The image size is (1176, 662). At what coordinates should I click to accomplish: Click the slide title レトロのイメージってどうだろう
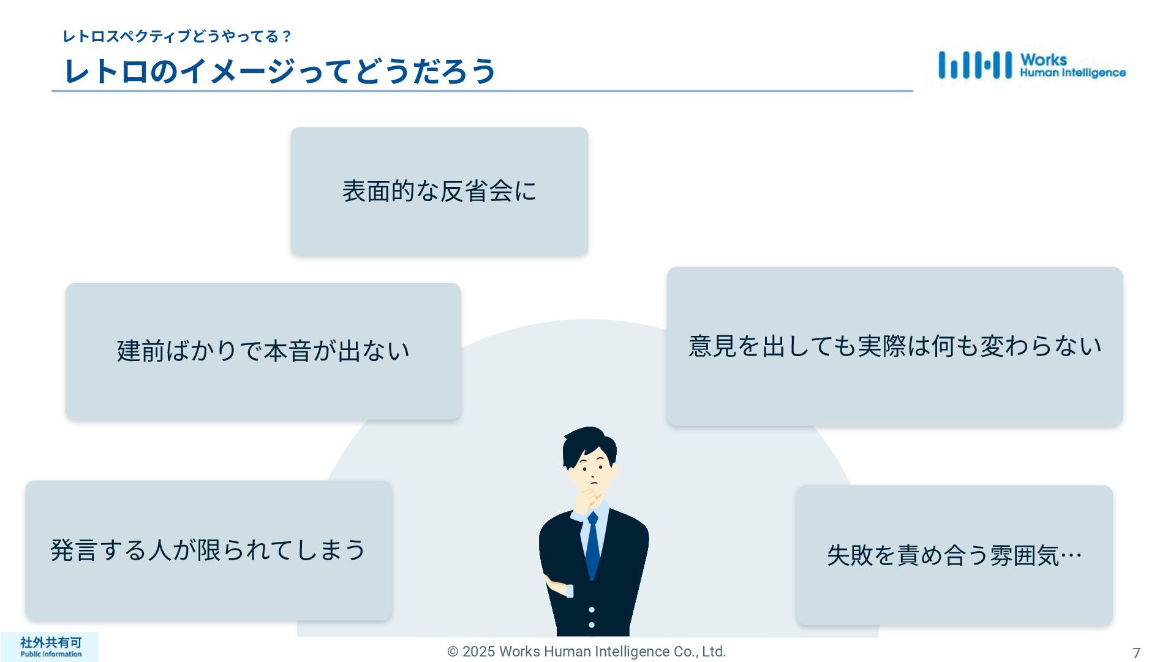tap(279, 71)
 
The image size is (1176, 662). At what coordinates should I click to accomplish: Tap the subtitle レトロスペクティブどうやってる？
tap(177, 37)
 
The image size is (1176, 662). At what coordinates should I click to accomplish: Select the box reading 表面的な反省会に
tap(439, 191)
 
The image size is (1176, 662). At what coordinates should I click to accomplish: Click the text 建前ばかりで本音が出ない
tap(263, 351)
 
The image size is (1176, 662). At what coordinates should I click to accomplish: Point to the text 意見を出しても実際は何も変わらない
tap(894, 346)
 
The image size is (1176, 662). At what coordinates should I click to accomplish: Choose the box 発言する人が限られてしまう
tap(208, 550)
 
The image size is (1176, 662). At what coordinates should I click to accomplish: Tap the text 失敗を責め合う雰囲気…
tap(954, 555)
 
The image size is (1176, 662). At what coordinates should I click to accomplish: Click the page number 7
tap(1136, 653)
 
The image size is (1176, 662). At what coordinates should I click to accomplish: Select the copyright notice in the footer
tap(586, 652)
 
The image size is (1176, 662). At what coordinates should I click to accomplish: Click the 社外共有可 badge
tap(50, 642)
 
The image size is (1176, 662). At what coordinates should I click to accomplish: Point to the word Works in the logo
tap(1043, 59)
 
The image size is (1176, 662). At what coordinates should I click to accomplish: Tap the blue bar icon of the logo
tap(974, 65)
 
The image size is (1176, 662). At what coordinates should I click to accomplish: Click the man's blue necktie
tap(592, 546)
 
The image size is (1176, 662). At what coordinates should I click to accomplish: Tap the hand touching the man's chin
tap(589, 495)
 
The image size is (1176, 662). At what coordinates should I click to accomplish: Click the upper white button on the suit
tap(591, 610)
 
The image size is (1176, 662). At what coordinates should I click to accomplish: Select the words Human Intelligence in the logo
tap(1072, 73)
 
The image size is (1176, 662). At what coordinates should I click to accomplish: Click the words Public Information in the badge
tap(50, 654)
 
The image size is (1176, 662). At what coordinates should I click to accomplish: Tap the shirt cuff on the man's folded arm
tap(570, 591)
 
